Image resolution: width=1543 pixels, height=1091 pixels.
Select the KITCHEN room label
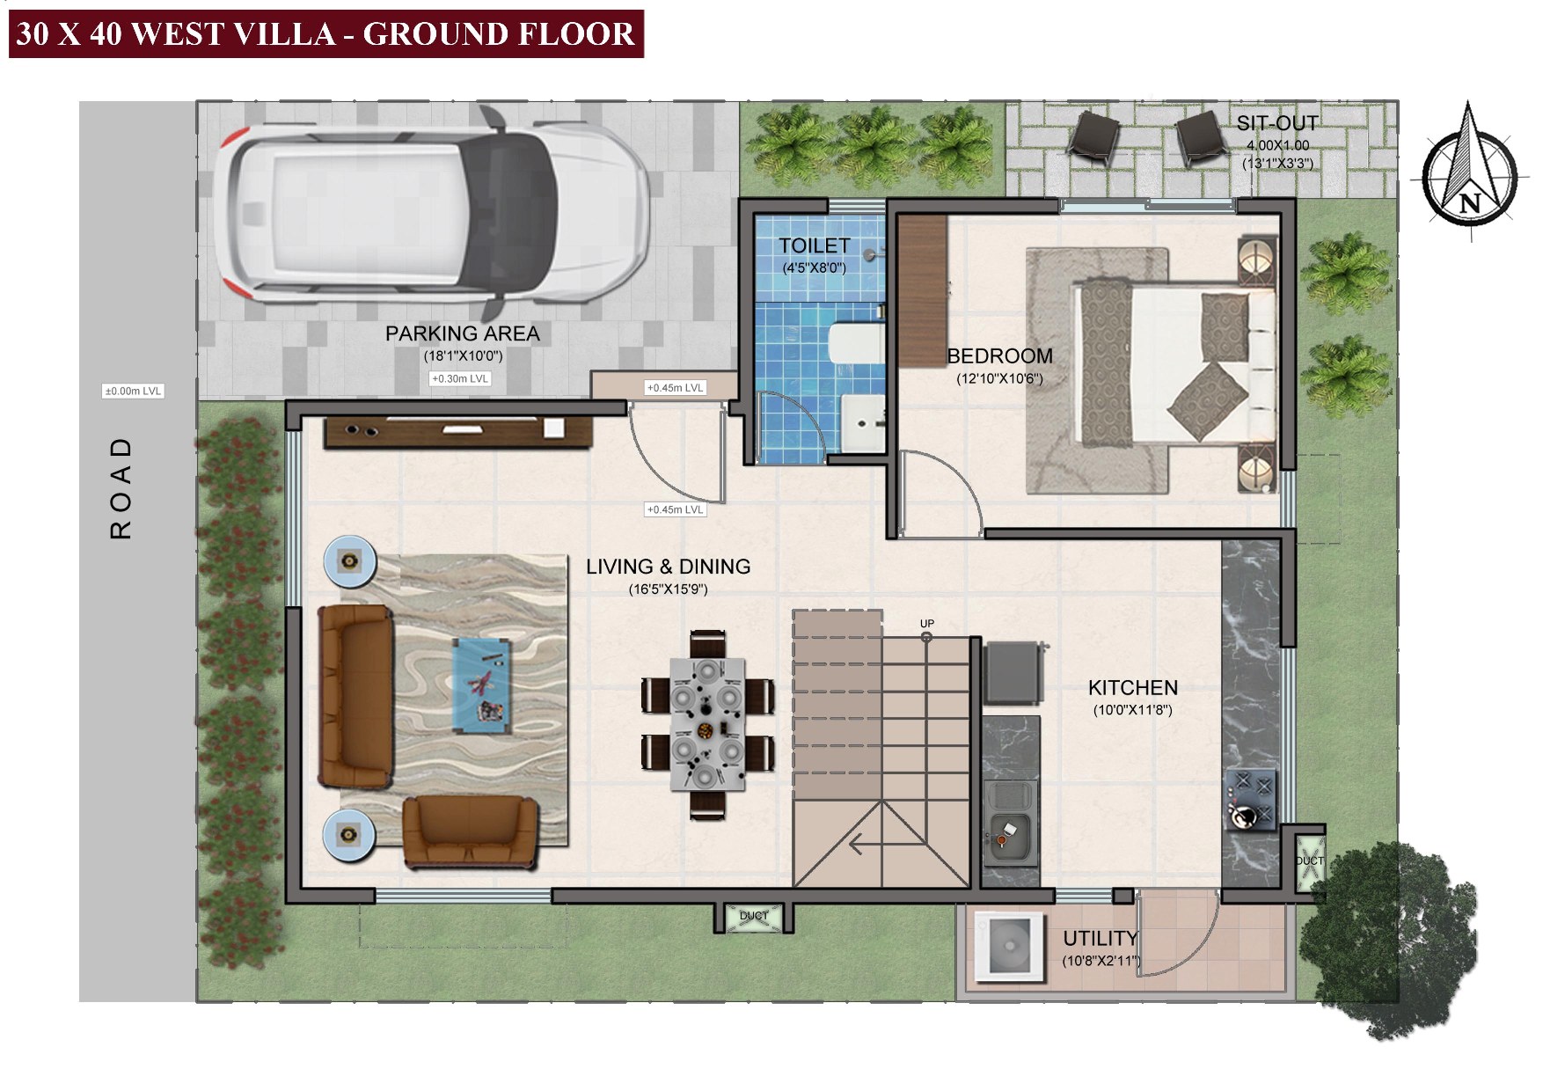(1132, 688)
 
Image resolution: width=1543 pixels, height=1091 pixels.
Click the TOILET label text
(814, 246)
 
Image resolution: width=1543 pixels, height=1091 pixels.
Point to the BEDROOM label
(999, 356)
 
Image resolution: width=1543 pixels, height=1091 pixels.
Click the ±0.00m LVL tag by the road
(133, 391)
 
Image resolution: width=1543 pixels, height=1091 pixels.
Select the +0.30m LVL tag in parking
(459, 379)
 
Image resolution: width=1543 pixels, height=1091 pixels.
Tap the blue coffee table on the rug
(482, 685)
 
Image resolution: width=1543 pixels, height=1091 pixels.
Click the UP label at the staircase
(926, 624)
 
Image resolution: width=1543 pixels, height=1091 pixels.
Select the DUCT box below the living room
(753, 917)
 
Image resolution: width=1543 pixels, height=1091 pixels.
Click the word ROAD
(121, 487)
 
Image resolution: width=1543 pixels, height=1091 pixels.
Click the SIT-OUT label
(1276, 123)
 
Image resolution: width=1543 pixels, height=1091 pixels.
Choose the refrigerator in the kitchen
(1014, 673)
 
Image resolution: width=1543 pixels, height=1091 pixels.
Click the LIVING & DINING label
(668, 567)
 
